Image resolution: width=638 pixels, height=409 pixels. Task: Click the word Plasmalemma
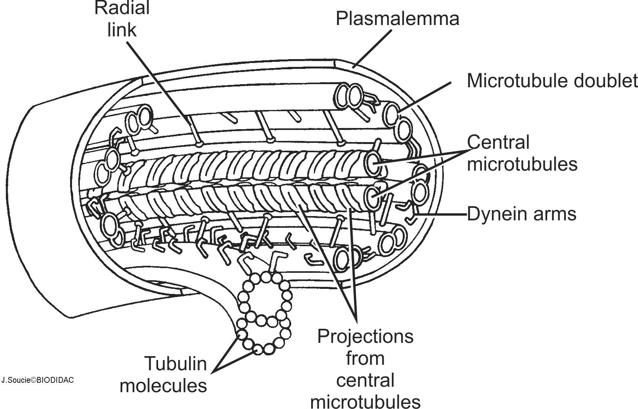click(397, 18)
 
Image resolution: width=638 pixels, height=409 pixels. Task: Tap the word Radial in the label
click(122, 8)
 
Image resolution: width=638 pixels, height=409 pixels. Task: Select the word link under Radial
click(122, 29)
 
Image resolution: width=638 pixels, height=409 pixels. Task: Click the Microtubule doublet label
click(552, 81)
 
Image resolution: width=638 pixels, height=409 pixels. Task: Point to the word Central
click(498, 142)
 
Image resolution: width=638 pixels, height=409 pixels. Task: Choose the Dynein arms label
click(522, 214)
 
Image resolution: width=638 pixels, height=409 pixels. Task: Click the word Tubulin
click(176, 364)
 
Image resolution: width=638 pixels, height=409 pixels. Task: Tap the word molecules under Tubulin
click(163, 385)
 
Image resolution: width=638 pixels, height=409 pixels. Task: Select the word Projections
click(365, 336)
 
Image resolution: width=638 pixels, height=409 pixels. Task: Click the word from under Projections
click(365, 358)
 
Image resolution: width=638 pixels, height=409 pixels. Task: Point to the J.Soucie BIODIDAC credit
click(38, 380)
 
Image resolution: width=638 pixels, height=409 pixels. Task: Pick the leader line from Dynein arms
click(442, 214)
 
